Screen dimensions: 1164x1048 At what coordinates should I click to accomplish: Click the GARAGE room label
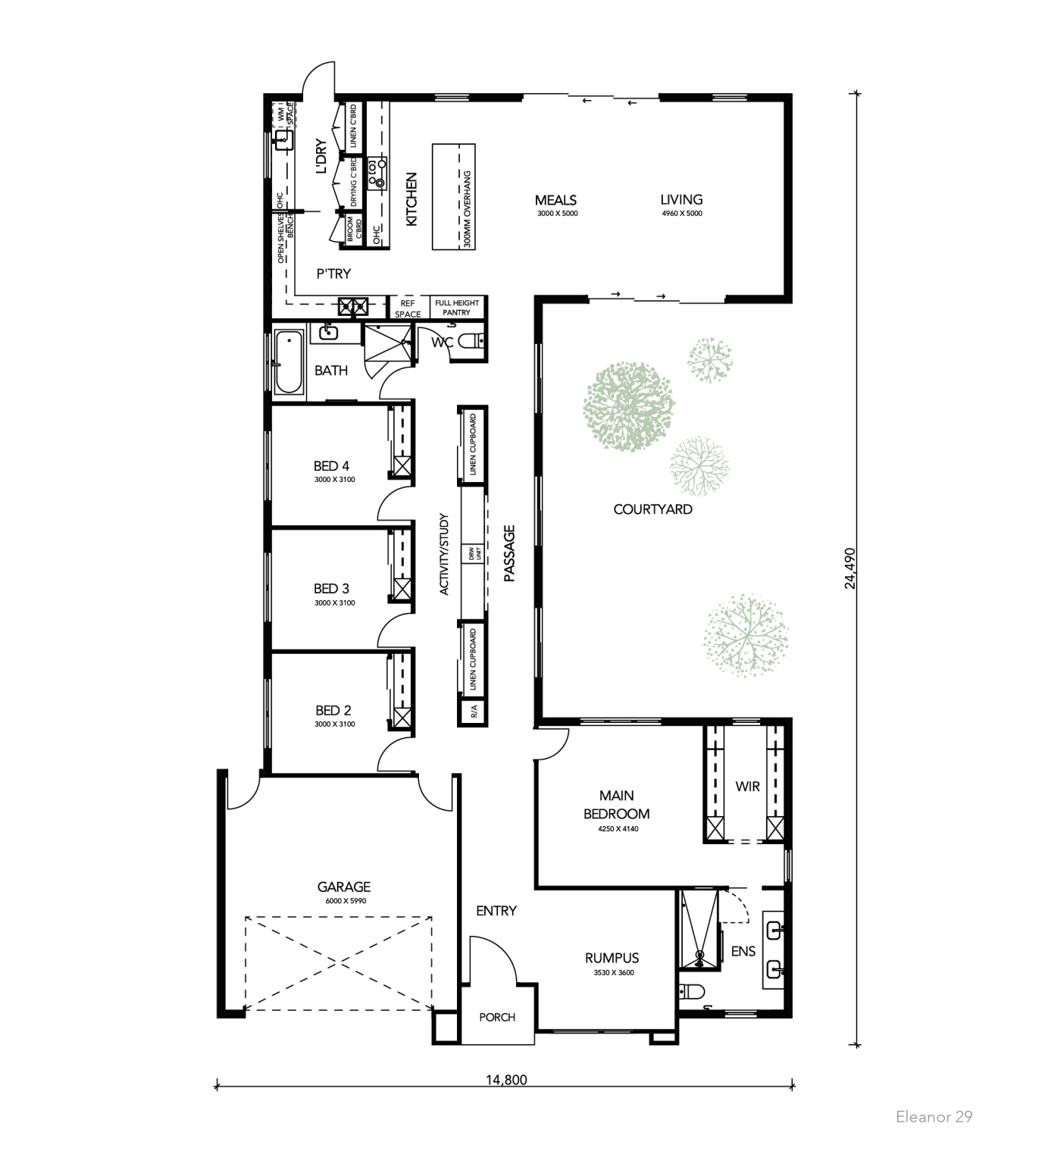[x=343, y=886]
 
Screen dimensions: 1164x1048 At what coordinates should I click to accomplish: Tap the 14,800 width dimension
[x=505, y=1079]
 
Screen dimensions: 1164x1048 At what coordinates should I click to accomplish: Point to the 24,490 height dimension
[x=850, y=568]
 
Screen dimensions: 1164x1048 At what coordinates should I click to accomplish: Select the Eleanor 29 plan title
[x=934, y=1116]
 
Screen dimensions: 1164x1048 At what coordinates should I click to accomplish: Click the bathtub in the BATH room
[x=288, y=361]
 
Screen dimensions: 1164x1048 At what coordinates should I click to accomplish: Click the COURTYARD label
[x=652, y=509]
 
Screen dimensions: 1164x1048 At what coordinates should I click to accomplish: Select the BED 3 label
[x=331, y=588]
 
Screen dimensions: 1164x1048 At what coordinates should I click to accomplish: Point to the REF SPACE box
[x=408, y=308]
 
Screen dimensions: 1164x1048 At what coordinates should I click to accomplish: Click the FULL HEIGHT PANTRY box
[x=456, y=308]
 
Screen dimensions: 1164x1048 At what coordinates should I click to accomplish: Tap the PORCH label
[x=497, y=1017]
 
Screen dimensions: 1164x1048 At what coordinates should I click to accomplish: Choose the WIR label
[x=747, y=786]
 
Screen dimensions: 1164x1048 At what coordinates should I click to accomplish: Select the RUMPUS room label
[x=612, y=957]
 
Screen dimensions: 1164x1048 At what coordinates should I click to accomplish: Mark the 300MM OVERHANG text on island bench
[x=468, y=210]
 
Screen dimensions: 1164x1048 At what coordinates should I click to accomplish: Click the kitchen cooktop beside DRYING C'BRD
[x=377, y=173]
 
